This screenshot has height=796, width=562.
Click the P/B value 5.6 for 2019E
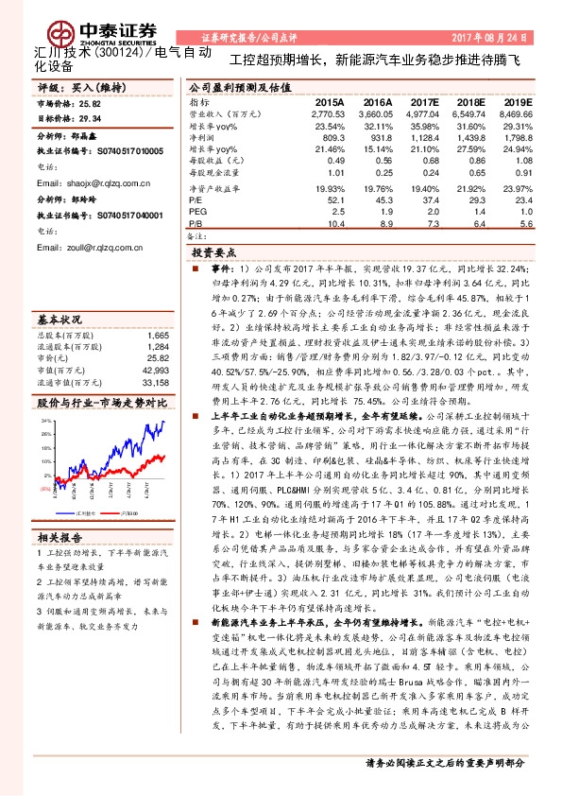(x=526, y=223)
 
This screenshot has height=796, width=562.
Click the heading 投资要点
(x=212, y=254)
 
